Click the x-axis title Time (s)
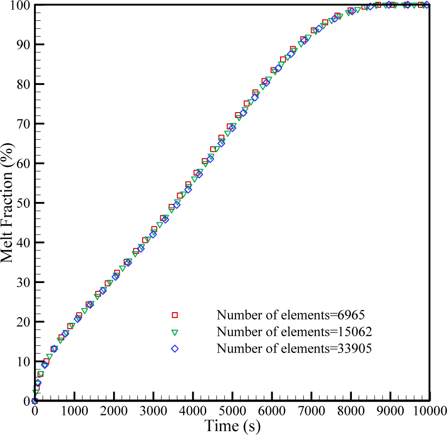point(232,426)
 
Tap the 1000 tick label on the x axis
point(74,411)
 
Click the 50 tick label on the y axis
point(22,203)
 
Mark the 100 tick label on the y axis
point(18,5)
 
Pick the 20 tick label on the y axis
point(22,322)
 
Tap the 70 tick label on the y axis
point(22,124)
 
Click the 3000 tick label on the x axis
point(153,411)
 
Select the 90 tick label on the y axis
point(22,45)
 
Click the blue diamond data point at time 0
point(34,401)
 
